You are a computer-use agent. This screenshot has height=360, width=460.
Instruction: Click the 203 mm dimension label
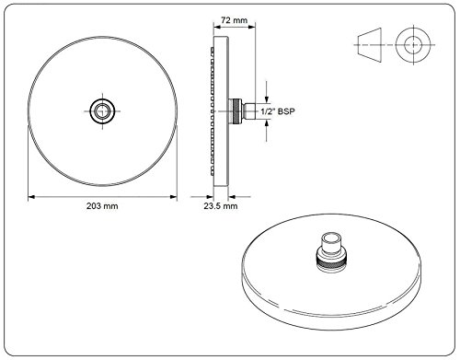102,206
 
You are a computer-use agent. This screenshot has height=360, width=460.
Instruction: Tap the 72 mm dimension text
235,20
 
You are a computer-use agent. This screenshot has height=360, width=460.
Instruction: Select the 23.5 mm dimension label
221,206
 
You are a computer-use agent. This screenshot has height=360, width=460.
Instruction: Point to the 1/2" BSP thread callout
278,111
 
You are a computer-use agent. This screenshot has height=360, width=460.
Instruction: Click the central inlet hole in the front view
102,111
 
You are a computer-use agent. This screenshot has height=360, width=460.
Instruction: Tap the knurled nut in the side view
237,111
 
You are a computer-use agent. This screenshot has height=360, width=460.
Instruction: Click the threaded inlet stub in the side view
248,111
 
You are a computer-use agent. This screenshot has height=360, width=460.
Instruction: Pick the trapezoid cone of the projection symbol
370,45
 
